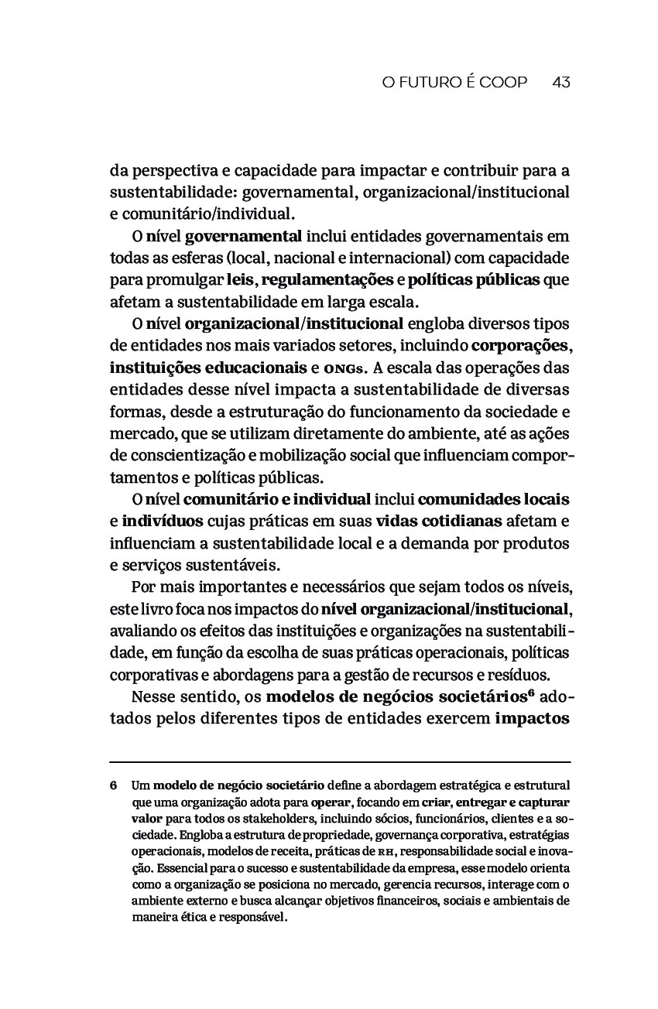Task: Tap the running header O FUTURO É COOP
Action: click(454, 82)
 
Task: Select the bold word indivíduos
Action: click(163, 520)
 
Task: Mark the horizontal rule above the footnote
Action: click(340, 762)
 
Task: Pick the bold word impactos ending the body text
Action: click(533, 718)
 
